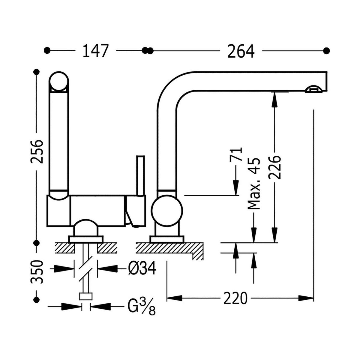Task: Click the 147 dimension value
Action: pyautogui.click(x=95, y=51)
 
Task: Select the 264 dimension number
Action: pyautogui.click(x=241, y=51)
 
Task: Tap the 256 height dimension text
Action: pyautogui.click(x=37, y=151)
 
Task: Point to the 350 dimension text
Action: pyautogui.click(x=37, y=272)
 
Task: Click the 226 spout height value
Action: pyautogui.click(x=274, y=167)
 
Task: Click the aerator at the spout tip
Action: pyautogui.click(x=313, y=89)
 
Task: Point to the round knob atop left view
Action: pyautogui.click(x=59, y=81)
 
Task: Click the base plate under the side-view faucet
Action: pyautogui.click(x=167, y=239)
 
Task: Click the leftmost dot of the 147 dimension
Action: pyautogui.click(x=47, y=50)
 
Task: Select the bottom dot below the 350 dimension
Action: pyautogui.click(x=37, y=299)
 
